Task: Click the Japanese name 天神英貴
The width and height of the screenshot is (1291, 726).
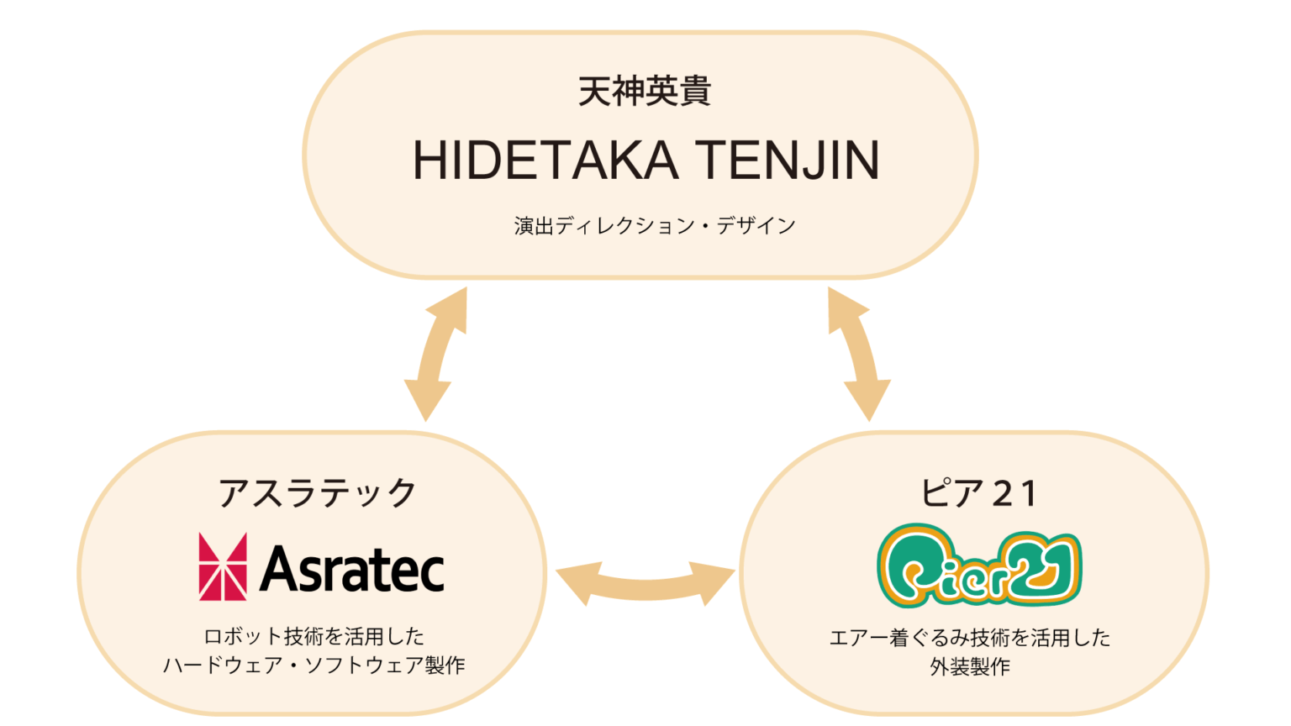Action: pyautogui.click(x=645, y=91)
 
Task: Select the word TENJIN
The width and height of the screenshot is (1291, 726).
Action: pyautogui.click(x=788, y=160)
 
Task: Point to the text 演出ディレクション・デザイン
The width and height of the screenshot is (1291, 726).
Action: pyautogui.click(x=655, y=225)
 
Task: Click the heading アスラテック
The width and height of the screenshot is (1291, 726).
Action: pyautogui.click(x=317, y=492)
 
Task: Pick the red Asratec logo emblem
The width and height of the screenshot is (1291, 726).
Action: pyautogui.click(x=223, y=566)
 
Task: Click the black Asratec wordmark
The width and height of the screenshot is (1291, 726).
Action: pyautogui.click(x=351, y=569)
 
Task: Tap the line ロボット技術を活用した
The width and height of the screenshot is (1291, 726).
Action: pyautogui.click(x=314, y=636)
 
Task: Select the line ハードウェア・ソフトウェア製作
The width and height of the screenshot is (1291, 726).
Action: pyautogui.click(x=314, y=665)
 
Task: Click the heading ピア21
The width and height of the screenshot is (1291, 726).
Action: pyautogui.click(x=978, y=493)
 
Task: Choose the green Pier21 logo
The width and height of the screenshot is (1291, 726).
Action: pyautogui.click(x=978, y=566)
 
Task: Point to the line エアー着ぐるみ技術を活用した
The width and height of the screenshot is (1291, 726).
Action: pyautogui.click(x=969, y=638)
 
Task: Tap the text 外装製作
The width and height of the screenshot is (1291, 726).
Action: pyautogui.click(x=970, y=666)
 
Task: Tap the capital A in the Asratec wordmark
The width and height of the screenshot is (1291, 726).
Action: pyautogui.click(x=280, y=569)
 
